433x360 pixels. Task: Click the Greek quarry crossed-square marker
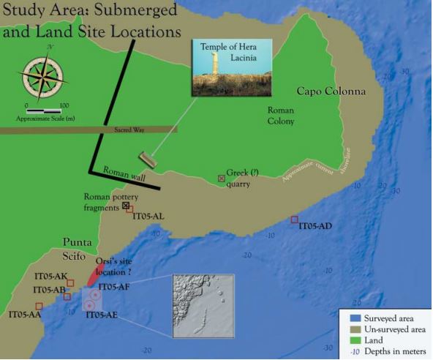point(221,178)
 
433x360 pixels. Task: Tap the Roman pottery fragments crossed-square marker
point(125,206)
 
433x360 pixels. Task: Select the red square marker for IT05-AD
point(295,220)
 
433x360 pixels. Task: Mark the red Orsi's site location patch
point(91,274)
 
